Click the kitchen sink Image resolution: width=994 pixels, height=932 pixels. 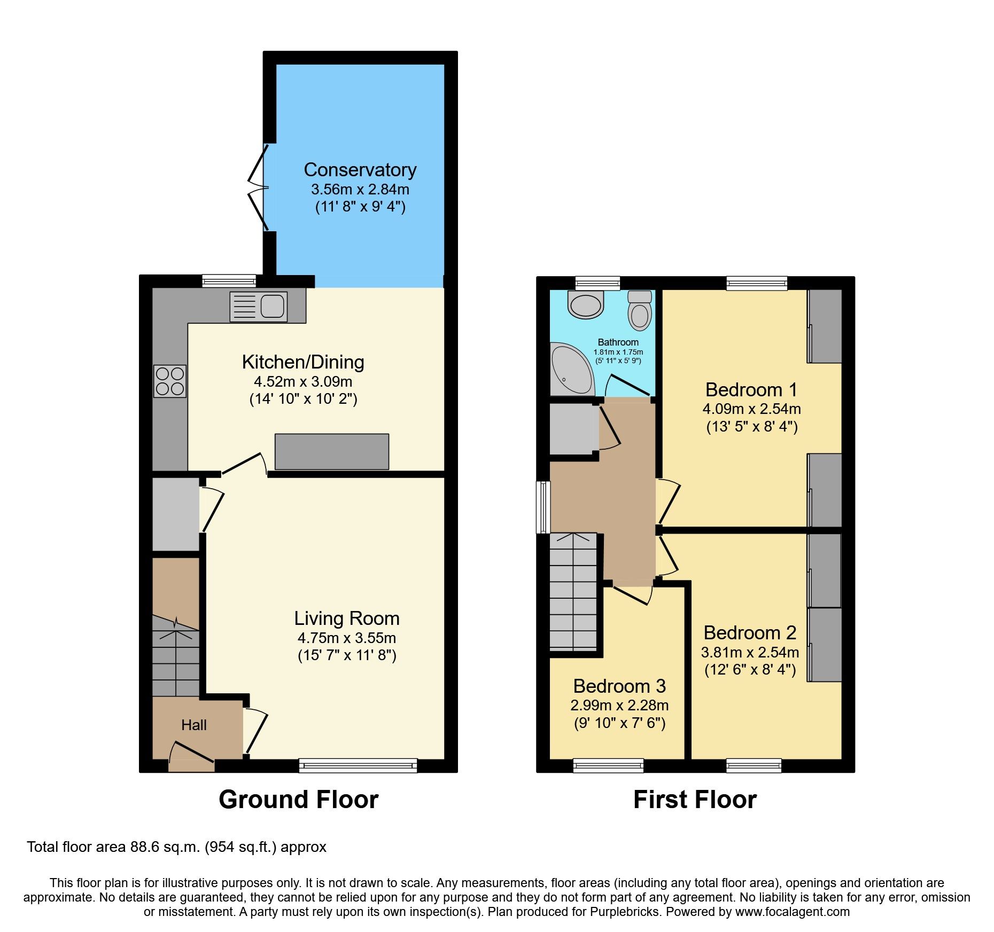(x=259, y=307)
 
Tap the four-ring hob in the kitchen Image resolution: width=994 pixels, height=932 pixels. (x=170, y=381)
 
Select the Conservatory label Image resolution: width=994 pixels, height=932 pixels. (x=360, y=170)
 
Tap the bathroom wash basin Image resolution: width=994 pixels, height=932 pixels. (x=586, y=305)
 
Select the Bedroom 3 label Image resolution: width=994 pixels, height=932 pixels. (x=619, y=686)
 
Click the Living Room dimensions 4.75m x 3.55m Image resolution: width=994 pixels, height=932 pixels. (x=346, y=638)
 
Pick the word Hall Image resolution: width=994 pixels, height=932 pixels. (x=193, y=725)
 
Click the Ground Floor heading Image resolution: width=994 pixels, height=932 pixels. (x=298, y=800)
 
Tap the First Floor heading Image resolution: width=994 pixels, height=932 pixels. (x=694, y=800)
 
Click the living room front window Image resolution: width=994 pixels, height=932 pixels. (x=358, y=765)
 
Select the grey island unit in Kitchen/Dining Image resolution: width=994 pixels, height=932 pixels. (x=331, y=452)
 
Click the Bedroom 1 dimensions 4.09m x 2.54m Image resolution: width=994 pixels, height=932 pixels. (x=751, y=409)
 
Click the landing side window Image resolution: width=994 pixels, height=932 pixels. (x=543, y=507)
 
